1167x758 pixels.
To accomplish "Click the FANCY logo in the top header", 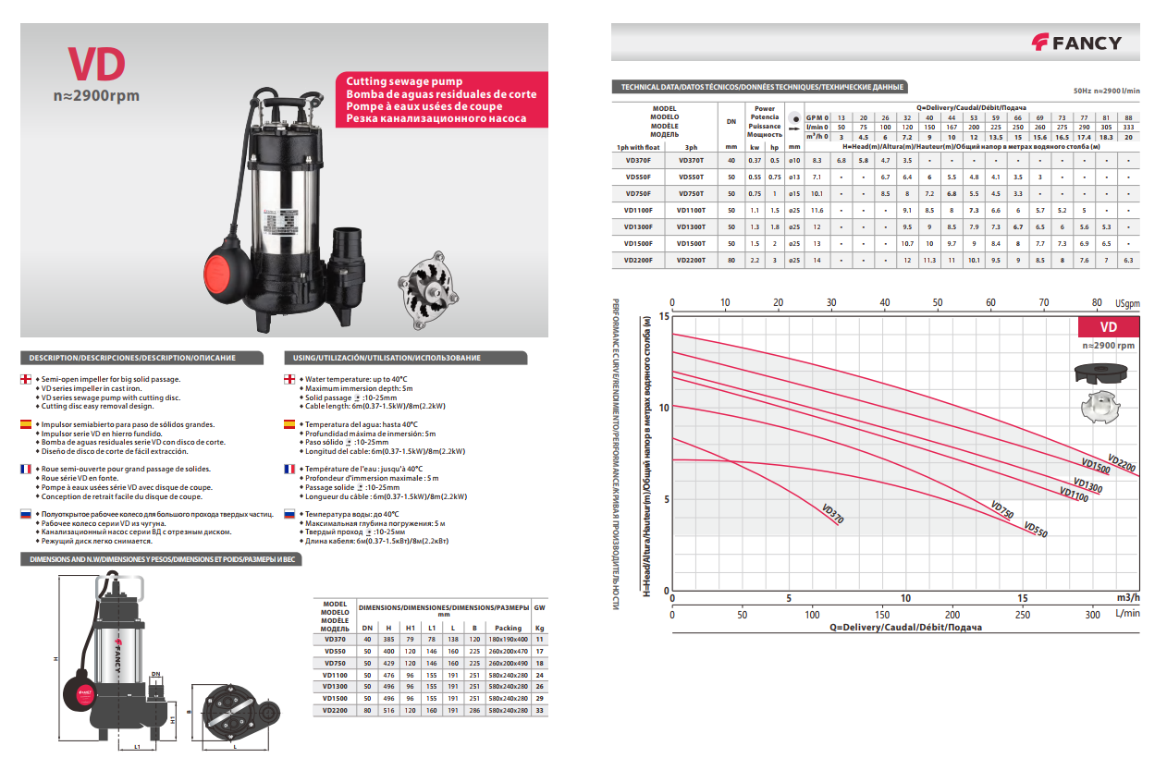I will [1076, 43].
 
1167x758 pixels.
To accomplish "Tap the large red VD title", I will [95, 64].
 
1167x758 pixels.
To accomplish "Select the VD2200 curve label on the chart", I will [1121, 464].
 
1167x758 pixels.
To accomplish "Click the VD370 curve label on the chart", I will [832, 514].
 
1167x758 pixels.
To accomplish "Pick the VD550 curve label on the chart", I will [1036, 530].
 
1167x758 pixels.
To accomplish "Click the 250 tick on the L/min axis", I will [1023, 615].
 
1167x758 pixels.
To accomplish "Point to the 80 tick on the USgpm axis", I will [1097, 302].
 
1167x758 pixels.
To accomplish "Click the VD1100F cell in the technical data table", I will [639, 211].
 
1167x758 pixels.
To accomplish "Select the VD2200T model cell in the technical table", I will [691, 261].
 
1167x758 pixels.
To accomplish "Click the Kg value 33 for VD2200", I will [540, 710].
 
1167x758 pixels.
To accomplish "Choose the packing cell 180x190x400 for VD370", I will [509, 639].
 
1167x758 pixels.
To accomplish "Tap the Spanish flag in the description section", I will [28, 424].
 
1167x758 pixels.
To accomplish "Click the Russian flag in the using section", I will [289, 513].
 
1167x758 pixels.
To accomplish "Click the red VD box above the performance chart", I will [1108, 327].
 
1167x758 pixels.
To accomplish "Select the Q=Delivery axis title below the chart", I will [905, 628].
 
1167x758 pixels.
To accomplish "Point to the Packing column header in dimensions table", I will [509, 628].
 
